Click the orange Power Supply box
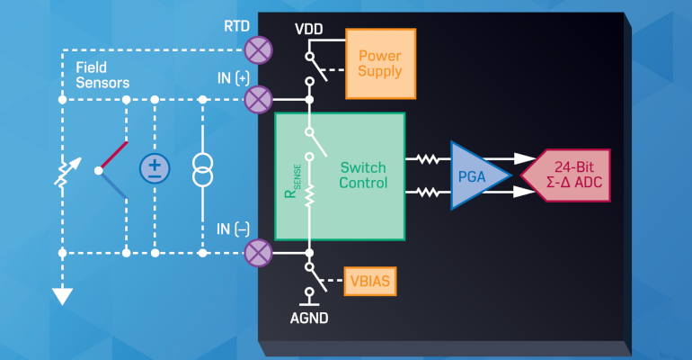pyautogui.click(x=381, y=63)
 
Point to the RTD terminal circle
pyautogui.click(x=259, y=48)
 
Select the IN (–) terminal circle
pyautogui.click(x=259, y=253)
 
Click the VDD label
pyautogui.click(x=309, y=30)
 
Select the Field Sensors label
pyautogui.click(x=102, y=75)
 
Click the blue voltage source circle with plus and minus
pyautogui.click(x=155, y=169)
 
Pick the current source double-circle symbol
pyautogui.click(x=204, y=169)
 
